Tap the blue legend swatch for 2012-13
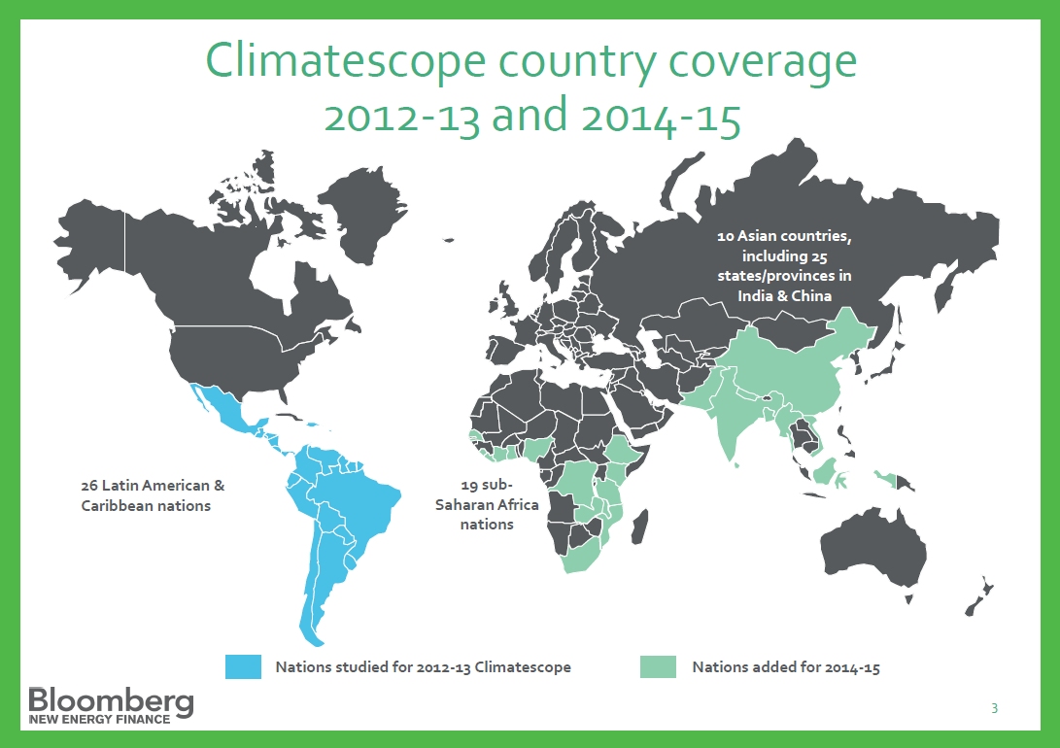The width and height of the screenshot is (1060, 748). (x=243, y=666)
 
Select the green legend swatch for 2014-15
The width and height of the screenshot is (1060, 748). (x=659, y=666)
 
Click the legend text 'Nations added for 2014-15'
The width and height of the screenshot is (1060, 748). (x=785, y=667)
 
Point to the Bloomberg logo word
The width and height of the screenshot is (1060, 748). (x=111, y=701)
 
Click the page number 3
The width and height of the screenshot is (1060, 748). (x=994, y=708)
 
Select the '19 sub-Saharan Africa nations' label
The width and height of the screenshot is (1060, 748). (x=486, y=504)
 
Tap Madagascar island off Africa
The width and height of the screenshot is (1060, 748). (x=639, y=528)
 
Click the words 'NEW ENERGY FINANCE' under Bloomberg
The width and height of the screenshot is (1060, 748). (x=99, y=720)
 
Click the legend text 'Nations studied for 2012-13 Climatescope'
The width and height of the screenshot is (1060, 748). (x=423, y=667)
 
